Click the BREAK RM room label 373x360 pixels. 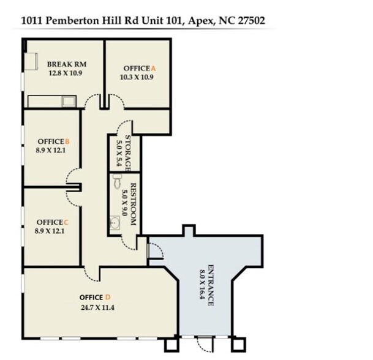[65, 64]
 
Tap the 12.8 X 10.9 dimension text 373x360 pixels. [65, 73]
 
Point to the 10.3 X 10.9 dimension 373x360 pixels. [137, 77]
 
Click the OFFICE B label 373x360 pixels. [53, 141]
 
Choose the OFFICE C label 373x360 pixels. [52, 222]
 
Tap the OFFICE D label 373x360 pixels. [95, 298]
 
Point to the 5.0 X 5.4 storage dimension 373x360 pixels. [119, 152]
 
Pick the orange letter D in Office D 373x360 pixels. [108, 298]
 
